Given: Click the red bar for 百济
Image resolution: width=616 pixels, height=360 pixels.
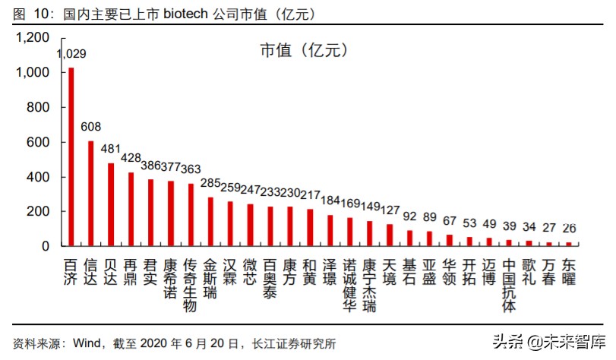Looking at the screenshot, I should click(71, 156).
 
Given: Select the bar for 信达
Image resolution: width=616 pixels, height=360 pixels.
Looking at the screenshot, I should click(91, 193).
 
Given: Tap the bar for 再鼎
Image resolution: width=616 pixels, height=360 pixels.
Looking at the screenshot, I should click(131, 209).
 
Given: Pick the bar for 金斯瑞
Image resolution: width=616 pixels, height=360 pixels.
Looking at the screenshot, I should click(210, 221).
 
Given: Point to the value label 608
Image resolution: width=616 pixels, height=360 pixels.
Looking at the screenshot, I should click(91, 127).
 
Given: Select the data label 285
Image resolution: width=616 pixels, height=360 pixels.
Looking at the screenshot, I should click(210, 183).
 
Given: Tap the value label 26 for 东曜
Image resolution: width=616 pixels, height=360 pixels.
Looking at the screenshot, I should click(569, 228).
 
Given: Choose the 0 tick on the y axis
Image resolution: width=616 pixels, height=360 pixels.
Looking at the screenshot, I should click(46, 246).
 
